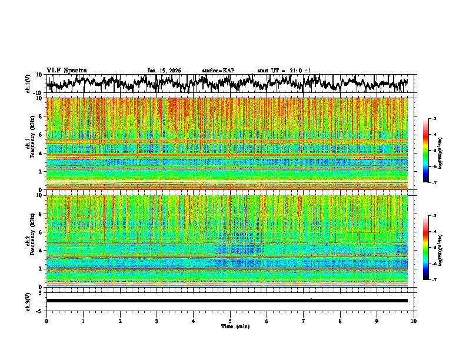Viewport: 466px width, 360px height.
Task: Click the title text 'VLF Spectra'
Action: tap(66, 70)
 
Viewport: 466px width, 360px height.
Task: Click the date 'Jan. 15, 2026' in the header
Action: tap(164, 71)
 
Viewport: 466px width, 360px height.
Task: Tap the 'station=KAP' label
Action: tap(218, 71)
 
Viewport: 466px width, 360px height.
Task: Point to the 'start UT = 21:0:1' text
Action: tap(284, 71)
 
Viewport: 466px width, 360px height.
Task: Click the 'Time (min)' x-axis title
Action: tap(230, 326)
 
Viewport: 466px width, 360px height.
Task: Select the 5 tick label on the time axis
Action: tap(230, 321)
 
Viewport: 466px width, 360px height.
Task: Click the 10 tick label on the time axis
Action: tap(414, 321)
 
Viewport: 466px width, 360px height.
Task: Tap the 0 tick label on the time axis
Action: tap(46, 321)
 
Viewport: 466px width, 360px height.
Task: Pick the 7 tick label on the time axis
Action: tap(304, 321)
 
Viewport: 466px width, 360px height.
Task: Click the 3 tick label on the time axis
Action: tap(157, 321)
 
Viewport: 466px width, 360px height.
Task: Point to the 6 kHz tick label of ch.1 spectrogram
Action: tap(41, 135)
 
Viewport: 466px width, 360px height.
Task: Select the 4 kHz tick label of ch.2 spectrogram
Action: tap(41, 251)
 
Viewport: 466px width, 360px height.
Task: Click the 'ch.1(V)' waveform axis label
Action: tap(29, 84)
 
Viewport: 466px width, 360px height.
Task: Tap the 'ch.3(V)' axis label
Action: tap(29, 300)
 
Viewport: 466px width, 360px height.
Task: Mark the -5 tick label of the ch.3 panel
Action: tap(39, 309)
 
